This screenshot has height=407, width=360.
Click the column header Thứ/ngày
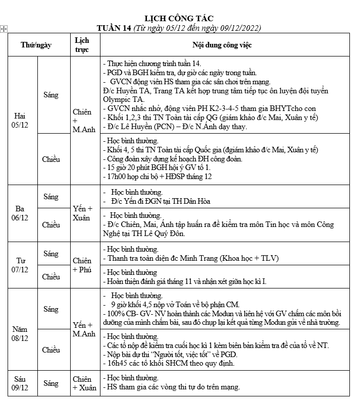click(36, 45)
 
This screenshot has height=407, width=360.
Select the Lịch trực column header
click(82, 44)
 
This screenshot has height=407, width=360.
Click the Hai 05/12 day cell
click(21, 121)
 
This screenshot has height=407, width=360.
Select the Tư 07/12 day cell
click(21, 265)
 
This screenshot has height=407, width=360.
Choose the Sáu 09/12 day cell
click(21, 383)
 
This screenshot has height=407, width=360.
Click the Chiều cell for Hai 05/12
click(51, 159)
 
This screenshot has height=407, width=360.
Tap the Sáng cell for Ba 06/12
click(51, 197)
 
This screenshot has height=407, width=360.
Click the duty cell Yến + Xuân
click(83, 213)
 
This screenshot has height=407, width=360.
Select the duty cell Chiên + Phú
click(82, 265)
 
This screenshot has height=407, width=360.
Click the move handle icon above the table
click(4, 29)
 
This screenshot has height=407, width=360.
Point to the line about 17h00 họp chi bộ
click(157, 177)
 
